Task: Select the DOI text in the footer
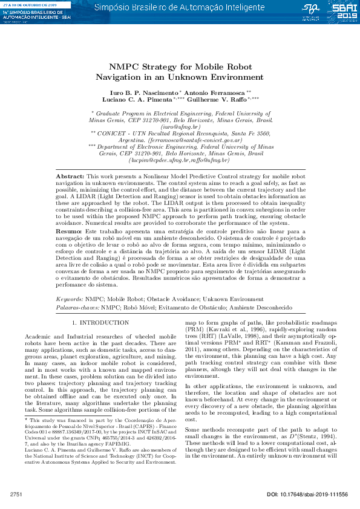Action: [x=307, y=494]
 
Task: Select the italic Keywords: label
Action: [x=70, y=299]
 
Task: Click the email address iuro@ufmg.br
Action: [x=180, y=127]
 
